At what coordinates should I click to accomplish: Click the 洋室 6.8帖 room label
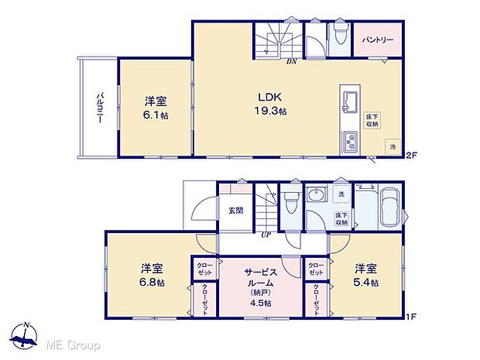coord(152,275)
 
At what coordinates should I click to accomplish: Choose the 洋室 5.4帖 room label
coord(366,275)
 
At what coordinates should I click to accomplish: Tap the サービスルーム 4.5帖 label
coord(261,282)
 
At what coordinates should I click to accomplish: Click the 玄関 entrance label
coord(235,209)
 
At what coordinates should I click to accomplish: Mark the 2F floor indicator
coord(412,156)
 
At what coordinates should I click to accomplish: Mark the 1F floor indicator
coord(412,317)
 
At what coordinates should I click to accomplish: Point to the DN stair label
coord(291,60)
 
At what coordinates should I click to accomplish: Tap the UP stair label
coord(266,234)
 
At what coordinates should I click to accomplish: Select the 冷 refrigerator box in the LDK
coord(393,146)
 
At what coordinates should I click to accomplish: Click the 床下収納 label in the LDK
coord(372,119)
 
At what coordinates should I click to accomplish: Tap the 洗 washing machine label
coord(341,193)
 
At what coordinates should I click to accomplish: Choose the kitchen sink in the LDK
coord(347,101)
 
